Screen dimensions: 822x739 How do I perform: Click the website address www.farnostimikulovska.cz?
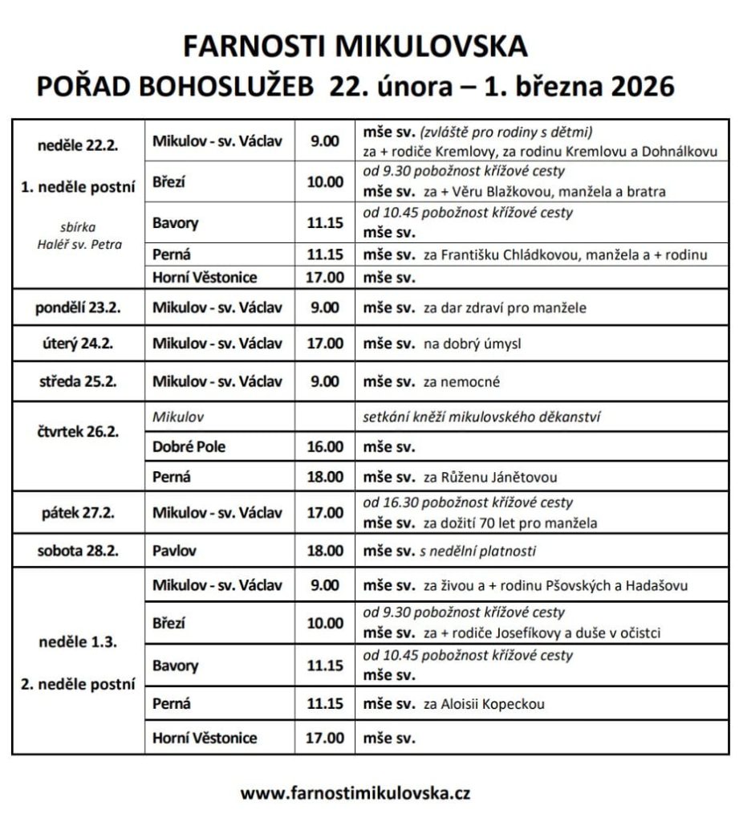(355, 793)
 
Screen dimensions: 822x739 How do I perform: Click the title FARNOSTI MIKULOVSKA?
(355, 47)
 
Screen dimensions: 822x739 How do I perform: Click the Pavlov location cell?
(175, 551)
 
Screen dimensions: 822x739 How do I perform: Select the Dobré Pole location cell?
(189, 447)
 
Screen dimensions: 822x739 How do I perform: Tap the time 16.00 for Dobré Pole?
(325, 447)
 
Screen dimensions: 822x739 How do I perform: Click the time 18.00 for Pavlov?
(325, 551)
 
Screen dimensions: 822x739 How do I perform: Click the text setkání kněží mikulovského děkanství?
(483, 417)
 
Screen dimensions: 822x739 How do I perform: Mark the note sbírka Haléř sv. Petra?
(78, 236)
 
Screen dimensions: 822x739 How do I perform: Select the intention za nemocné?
(461, 382)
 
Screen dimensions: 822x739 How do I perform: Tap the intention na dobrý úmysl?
(473, 344)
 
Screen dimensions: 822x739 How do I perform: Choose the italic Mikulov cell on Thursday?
(178, 417)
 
